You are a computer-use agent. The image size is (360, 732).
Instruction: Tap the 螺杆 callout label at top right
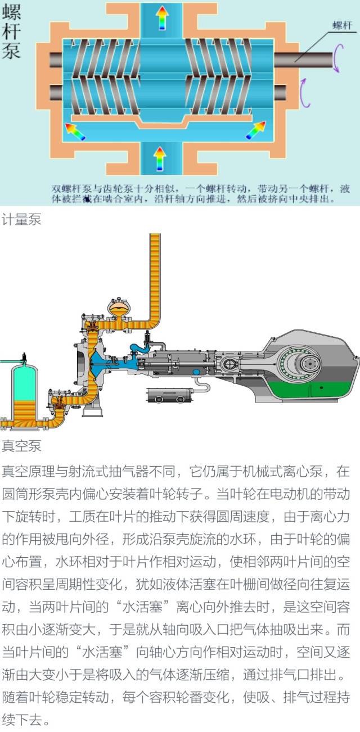click(x=342, y=25)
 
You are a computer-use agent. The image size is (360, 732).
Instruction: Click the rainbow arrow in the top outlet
click(x=161, y=17)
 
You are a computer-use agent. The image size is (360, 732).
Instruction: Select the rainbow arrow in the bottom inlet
click(x=160, y=158)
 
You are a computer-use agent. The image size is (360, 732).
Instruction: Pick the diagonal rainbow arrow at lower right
click(x=255, y=130)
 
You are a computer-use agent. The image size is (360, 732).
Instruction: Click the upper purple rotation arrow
click(x=336, y=59)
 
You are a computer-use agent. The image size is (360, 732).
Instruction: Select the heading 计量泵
click(x=21, y=220)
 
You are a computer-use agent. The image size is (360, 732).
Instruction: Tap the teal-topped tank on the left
click(x=24, y=382)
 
